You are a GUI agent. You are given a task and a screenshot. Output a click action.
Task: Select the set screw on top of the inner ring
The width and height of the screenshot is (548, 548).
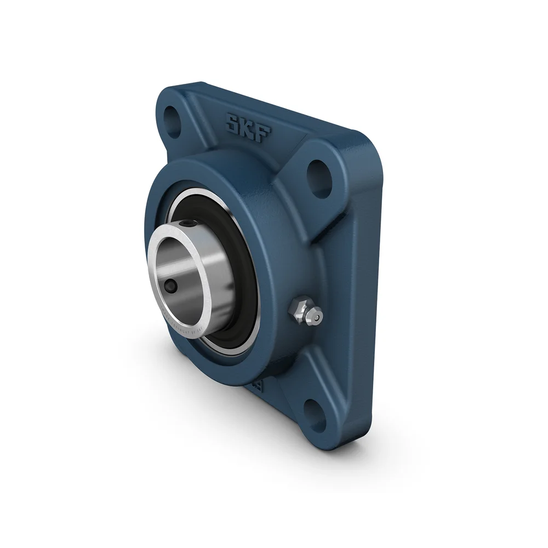(188, 224)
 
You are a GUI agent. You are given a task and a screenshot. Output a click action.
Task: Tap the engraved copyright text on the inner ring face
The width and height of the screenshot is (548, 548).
(186, 323)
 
